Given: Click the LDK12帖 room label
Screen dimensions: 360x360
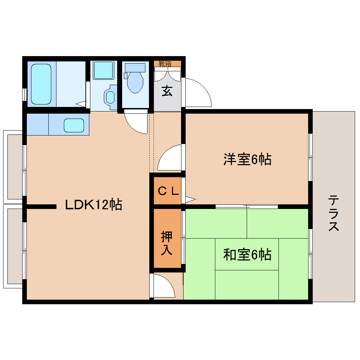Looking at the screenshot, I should click(94, 204).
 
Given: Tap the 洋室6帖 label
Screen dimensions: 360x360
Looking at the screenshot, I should click(247, 160).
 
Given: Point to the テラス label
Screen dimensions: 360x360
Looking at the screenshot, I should click(334, 213).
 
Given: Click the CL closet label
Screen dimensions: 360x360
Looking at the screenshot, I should click(168, 191).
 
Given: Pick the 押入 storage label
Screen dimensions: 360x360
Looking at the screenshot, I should click(167, 243).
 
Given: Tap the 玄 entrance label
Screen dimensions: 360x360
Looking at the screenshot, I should click(167, 91).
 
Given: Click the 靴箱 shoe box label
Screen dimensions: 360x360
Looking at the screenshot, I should click(165, 64).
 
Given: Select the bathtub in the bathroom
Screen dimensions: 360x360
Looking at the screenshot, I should click(41, 84).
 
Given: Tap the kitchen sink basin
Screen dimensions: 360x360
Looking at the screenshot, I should click(74, 125).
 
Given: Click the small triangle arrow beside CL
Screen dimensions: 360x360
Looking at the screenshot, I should click(190, 199).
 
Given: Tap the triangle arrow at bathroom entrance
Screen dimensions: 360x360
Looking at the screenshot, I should click(81, 104).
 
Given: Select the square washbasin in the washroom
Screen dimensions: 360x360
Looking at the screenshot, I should click(103, 70).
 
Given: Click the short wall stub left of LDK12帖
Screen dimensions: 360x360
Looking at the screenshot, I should click(41, 207).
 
